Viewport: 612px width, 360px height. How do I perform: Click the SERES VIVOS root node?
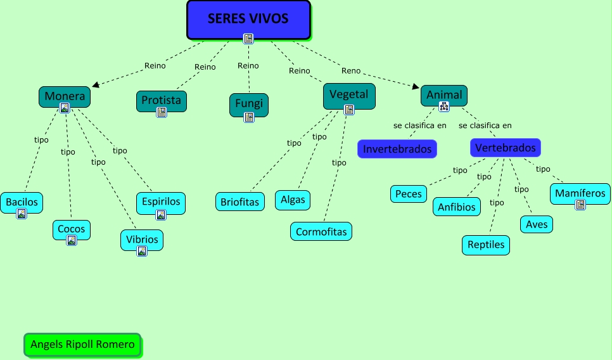pyautogui.click(x=248, y=18)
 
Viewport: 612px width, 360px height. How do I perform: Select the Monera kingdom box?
pyautogui.click(x=64, y=96)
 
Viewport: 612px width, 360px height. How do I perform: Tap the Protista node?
pyautogui.click(x=161, y=100)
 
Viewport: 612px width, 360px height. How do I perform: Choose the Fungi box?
pyautogui.click(x=248, y=103)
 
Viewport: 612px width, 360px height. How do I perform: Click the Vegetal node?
pyautogui.click(x=348, y=94)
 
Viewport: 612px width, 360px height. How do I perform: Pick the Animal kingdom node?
pyautogui.click(x=443, y=94)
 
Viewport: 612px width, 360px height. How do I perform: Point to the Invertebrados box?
pyautogui.click(x=397, y=149)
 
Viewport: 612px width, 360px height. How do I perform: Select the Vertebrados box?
pyautogui.click(x=505, y=148)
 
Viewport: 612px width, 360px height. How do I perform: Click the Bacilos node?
pyautogui.click(x=22, y=202)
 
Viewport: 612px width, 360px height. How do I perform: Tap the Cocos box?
pyautogui.click(x=71, y=228)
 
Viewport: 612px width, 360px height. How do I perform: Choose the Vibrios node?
pyautogui.click(x=141, y=239)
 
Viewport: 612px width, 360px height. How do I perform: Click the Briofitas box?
pyautogui.click(x=239, y=202)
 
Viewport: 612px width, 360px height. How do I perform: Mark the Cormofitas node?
pyautogui.click(x=321, y=231)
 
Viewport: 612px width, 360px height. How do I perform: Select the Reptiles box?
pyautogui.click(x=486, y=245)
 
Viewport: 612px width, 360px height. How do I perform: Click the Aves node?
pyautogui.click(x=537, y=224)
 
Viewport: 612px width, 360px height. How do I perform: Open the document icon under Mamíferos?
pyautogui.click(x=580, y=205)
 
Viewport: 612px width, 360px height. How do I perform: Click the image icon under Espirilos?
pyautogui.click(x=161, y=215)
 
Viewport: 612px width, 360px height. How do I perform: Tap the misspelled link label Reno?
pyautogui.click(x=350, y=70)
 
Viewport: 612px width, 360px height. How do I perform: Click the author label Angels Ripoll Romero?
pyautogui.click(x=82, y=345)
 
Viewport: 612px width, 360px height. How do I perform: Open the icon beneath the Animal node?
pyautogui.click(x=444, y=106)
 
